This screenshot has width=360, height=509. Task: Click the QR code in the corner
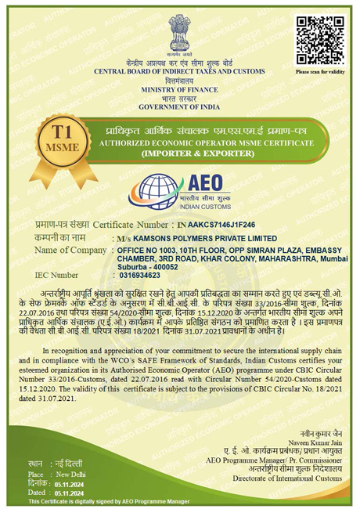[x=319, y=37]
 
